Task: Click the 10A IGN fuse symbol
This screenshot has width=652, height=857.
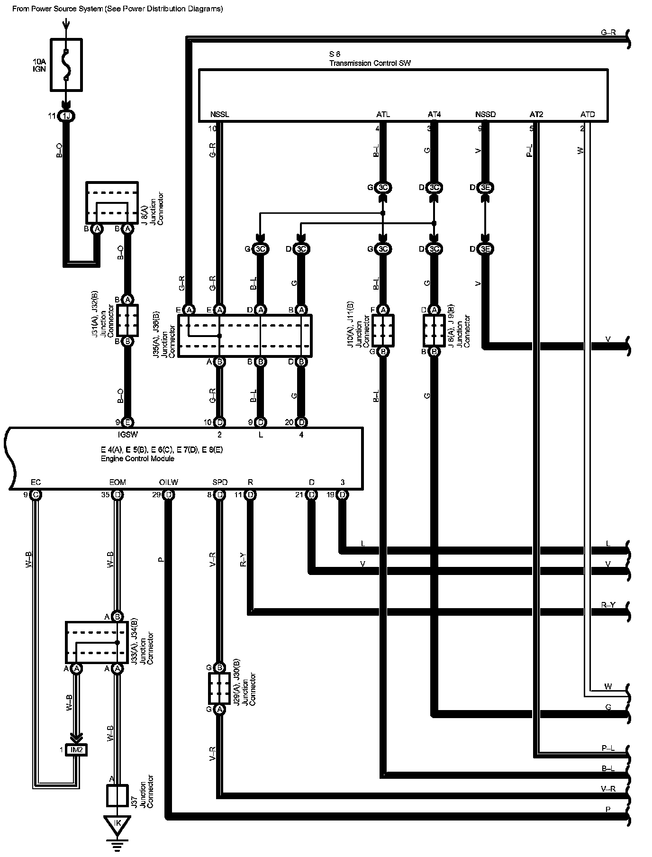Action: point(66,64)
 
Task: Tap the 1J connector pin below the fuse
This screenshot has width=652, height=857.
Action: point(66,116)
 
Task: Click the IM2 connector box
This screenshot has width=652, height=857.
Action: point(76,750)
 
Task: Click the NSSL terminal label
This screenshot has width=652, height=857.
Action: point(219,115)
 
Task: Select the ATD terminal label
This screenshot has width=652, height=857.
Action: point(587,115)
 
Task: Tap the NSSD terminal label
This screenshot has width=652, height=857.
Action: point(485,115)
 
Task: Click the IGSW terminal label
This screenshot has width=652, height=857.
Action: point(127,434)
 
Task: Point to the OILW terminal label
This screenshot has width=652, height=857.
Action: point(169,483)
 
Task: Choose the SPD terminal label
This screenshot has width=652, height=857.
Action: point(220,483)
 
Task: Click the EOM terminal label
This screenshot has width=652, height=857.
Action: point(118,483)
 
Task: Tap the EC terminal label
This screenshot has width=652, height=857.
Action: point(36,483)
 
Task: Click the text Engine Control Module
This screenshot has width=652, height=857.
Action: point(137,459)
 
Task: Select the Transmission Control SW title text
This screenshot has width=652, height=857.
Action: point(370,63)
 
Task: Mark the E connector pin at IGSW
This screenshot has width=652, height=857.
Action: point(127,422)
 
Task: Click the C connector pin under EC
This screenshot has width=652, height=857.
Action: point(36,495)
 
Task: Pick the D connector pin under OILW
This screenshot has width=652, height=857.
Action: point(169,495)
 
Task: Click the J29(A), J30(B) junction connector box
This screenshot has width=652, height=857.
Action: point(219,688)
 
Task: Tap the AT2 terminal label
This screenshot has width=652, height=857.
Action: point(536,115)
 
